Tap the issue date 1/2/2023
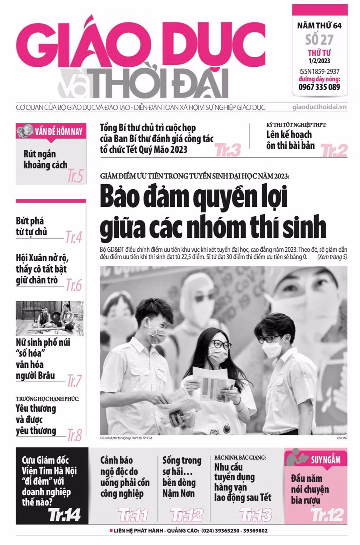coord(319,61)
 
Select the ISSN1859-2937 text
coord(319,72)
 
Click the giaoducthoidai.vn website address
coord(320,107)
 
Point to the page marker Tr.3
coord(228,150)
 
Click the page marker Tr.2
coord(334,150)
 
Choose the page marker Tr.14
coord(64,515)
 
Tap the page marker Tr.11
coord(133,515)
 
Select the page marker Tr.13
coord(256,515)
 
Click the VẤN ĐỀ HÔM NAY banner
coord(51,131)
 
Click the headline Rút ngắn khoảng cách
coord(45,159)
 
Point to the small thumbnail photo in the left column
coord(50,318)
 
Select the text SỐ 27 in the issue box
coord(319,40)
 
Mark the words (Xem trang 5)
coord(332,256)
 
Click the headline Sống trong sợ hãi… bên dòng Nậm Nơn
coord(182,477)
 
